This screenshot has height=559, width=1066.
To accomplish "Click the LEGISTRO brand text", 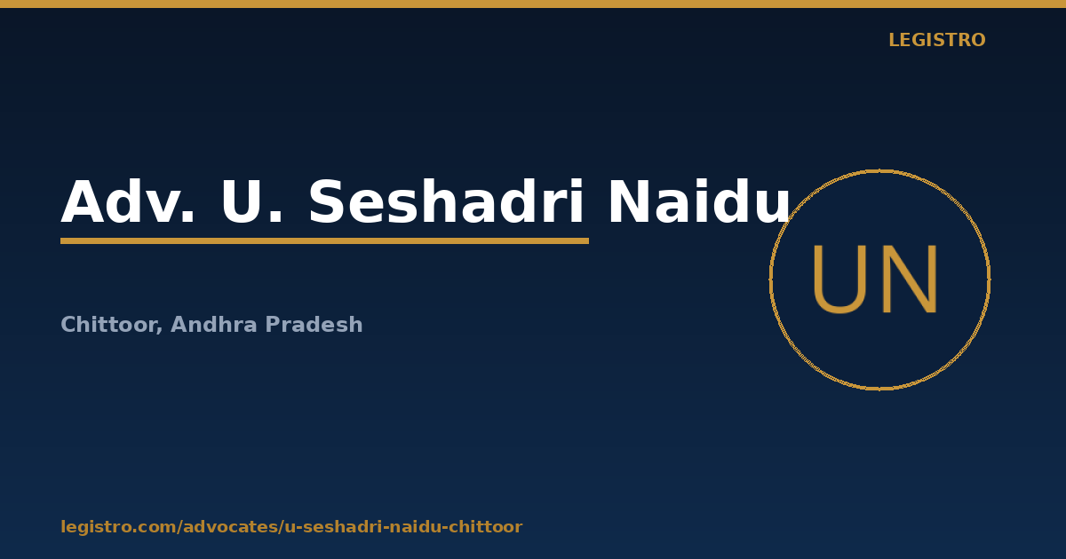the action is click(x=936, y=40).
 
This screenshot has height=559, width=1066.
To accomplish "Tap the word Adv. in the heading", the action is click(x=128, y=201).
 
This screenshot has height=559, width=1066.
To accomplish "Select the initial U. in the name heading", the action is click(x=251, y=201).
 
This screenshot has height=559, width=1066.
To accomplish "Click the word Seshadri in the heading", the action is click(x=446, y=201).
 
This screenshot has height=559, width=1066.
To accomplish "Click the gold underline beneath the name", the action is click(x=324, y=241).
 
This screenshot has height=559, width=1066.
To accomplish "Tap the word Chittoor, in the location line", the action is click(x=112, y=325).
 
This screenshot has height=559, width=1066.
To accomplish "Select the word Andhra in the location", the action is click(x=214, y=324).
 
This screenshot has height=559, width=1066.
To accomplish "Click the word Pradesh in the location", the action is click(x=314, y=324).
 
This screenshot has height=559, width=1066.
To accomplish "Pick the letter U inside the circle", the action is click(x=839, y=279).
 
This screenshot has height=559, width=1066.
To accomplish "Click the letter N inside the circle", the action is click(x=910, y=279).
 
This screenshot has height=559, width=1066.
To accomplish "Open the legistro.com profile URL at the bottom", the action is click(x=291, y=527).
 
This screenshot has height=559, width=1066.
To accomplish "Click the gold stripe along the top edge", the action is click(x=533, y=4).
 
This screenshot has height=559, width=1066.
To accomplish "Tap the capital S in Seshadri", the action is click(x=329, y=201).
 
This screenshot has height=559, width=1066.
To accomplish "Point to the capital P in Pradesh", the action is click(x=273, y=324).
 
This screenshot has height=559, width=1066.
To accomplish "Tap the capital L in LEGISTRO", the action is click(x=894, y=40).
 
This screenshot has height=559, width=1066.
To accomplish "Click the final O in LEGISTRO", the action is click(x=977, y=40).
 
